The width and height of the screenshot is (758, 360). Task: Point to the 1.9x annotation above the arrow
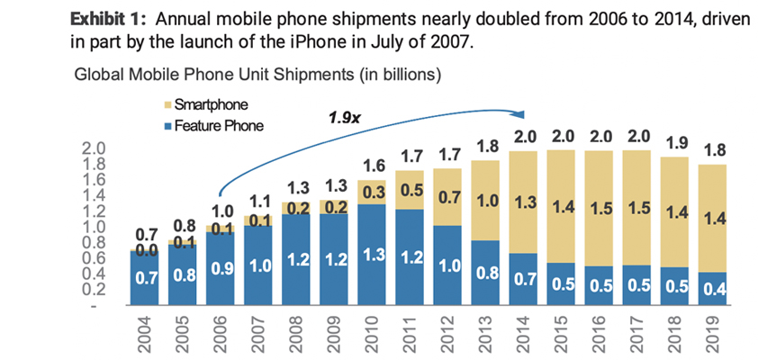(x=343, y=116)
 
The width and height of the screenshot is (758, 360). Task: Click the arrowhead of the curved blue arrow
(x=521, y=114)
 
